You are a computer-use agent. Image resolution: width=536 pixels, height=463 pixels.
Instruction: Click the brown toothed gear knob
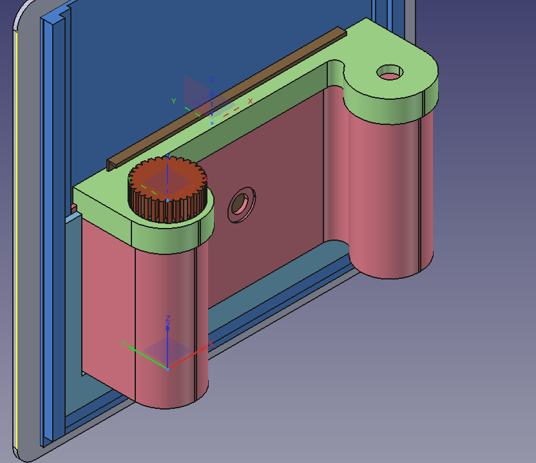(x=167, y=189)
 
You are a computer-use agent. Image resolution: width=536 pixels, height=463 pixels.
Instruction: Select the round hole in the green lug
(x=390, y=72)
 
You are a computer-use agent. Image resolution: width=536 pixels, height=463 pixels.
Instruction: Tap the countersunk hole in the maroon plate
(x=242, y=205)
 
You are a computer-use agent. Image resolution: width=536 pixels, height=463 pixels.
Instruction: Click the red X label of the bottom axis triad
(x=211, y=344)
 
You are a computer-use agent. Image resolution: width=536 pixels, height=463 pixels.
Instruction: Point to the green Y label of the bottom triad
(x=124, y=344)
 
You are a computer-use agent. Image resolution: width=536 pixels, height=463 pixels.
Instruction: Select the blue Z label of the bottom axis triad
(x=167, y=319)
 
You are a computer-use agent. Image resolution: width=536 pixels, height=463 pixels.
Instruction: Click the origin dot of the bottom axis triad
(x=167, y=369)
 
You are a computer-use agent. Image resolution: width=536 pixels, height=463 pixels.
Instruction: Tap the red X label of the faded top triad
(x=250, y=101)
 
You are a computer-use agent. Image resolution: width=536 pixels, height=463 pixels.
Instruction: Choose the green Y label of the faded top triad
(x=174, y=101)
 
